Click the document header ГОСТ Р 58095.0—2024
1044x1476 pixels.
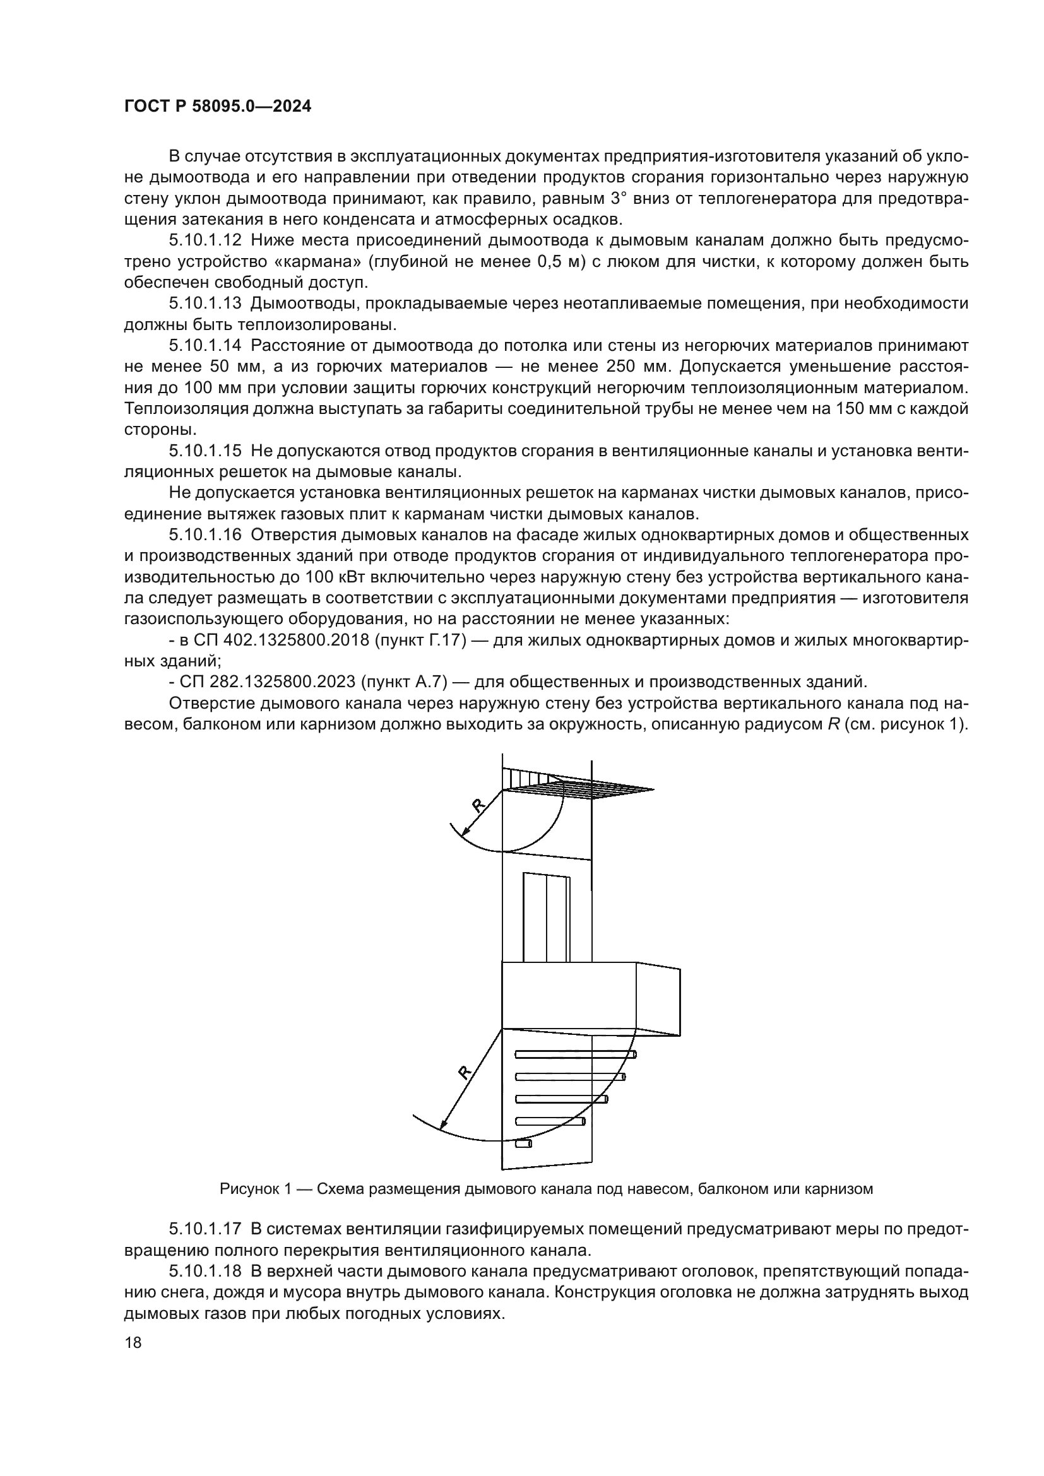[217, 107]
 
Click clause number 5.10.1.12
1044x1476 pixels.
[205, 240]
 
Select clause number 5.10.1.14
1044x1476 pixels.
[205, 346]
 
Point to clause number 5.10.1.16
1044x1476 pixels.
[205, 535]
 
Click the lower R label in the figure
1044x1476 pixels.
[464, 1072]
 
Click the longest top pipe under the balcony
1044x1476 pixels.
[576, 1054]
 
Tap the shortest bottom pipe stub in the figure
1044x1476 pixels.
[523, 1143]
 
